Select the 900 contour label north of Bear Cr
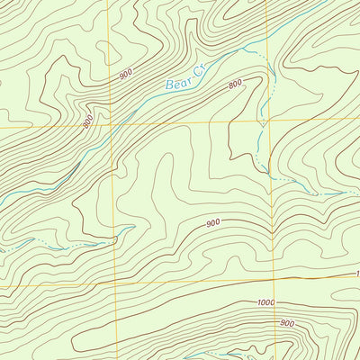[x=125, y=76]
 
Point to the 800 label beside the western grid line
[x=88, y=120]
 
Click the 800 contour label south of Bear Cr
[x=236, y=85]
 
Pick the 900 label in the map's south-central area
[x=212, y=223]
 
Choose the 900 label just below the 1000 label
[x=286, y=322]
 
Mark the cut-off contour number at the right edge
[x=356, y=273]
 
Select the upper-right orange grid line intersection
[x=267, y=123]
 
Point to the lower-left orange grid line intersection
[x=117, y=284]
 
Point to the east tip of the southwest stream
[x=115, y=239]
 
